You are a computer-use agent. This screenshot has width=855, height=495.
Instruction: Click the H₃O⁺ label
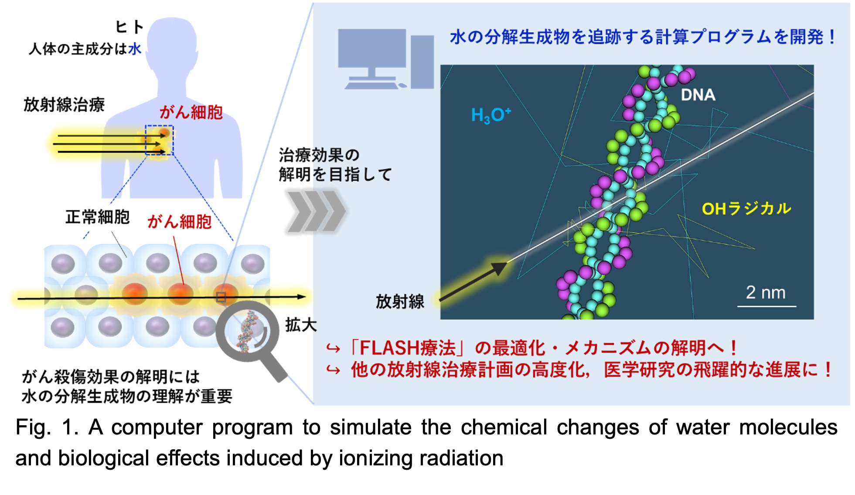pyautogui.click(x=491, y=115)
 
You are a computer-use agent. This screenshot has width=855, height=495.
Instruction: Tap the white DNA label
pyautogui.click(x=698, y=95)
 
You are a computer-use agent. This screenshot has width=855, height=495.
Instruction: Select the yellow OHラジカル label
pyautogui.click(x=746, y=209)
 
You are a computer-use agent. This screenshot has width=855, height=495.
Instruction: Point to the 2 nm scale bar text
pyautogui.click(x=766, y=292)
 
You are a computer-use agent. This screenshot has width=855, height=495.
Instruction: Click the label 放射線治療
pyautogui.click(x=64, y=105)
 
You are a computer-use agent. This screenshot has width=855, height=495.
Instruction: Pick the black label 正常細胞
pyautogui.click(x=98, y=217)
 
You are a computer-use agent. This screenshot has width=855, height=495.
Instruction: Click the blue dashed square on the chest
pyautogui.click(x=159, y=140)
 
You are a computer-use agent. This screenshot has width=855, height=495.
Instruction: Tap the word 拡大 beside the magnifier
pyautogui.click(x=301, y=325)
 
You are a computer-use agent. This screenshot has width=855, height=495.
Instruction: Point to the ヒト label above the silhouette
pyautogui.click(x=129, y=27)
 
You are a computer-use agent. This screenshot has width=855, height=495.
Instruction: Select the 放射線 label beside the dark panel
pyautogui.click(x=400, y=302)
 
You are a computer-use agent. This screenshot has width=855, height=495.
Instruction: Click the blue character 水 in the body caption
pyautogui.click(x=135, y=48)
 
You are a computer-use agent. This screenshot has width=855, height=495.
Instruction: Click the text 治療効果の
pyautogui.click(x=319, y=155)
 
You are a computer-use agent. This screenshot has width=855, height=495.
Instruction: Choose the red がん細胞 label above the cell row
pyautogui.click(x=179, y=222)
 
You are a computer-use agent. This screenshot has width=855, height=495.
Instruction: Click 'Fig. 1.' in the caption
pyautogui.click(x=47, y=427)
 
